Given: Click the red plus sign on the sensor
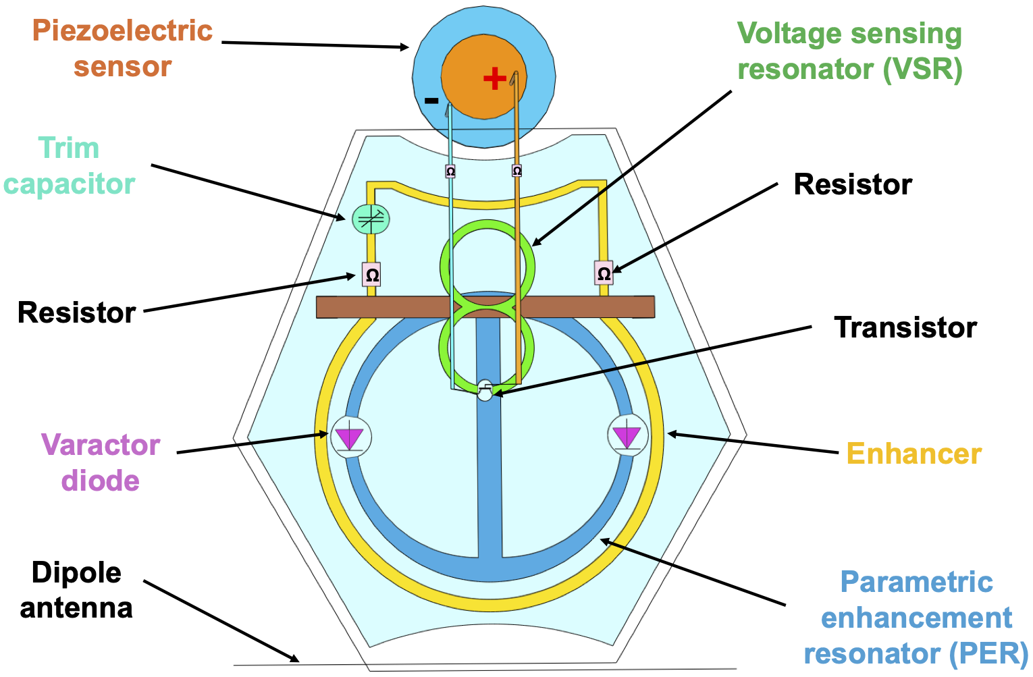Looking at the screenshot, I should pos(495,78).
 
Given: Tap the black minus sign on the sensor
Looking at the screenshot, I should pos(431,101).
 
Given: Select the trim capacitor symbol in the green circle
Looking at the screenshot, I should pos(371,219).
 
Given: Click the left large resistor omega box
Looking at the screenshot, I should pos(371,275).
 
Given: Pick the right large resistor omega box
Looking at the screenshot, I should pos(604,273).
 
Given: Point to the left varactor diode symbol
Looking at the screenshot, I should pos(350,437).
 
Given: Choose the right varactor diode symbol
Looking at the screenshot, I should pos(628,435).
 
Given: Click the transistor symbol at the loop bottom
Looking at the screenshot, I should pos(485,390).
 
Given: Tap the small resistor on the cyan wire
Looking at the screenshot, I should pos(450,171).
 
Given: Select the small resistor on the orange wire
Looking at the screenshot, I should pos(516,171).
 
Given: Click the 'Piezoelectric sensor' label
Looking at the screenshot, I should pos(122,49).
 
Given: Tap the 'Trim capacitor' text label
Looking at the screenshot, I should pos(69,166).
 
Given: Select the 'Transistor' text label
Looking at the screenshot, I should pos(905,327).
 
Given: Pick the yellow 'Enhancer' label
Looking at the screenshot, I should pos(913,454).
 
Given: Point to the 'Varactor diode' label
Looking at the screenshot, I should pos(101,463).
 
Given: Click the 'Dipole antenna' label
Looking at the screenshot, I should pos(76,590).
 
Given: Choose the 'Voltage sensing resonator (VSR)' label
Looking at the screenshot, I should pos(849,51).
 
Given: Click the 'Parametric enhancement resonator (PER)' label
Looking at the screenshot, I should pos(916,618).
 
